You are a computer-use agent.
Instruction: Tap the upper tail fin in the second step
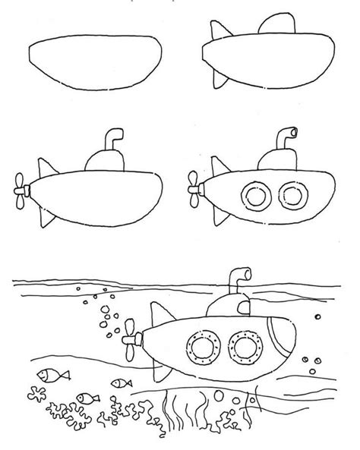pyautogui.click(x=218, y=33)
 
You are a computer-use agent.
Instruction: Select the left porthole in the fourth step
pyautogui.click(x=250, y=194)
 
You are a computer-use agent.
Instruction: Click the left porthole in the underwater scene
pyautogui.click(x=201, y=346)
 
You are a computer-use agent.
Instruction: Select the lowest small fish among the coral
pyautogui.click(x=90, y=398)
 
